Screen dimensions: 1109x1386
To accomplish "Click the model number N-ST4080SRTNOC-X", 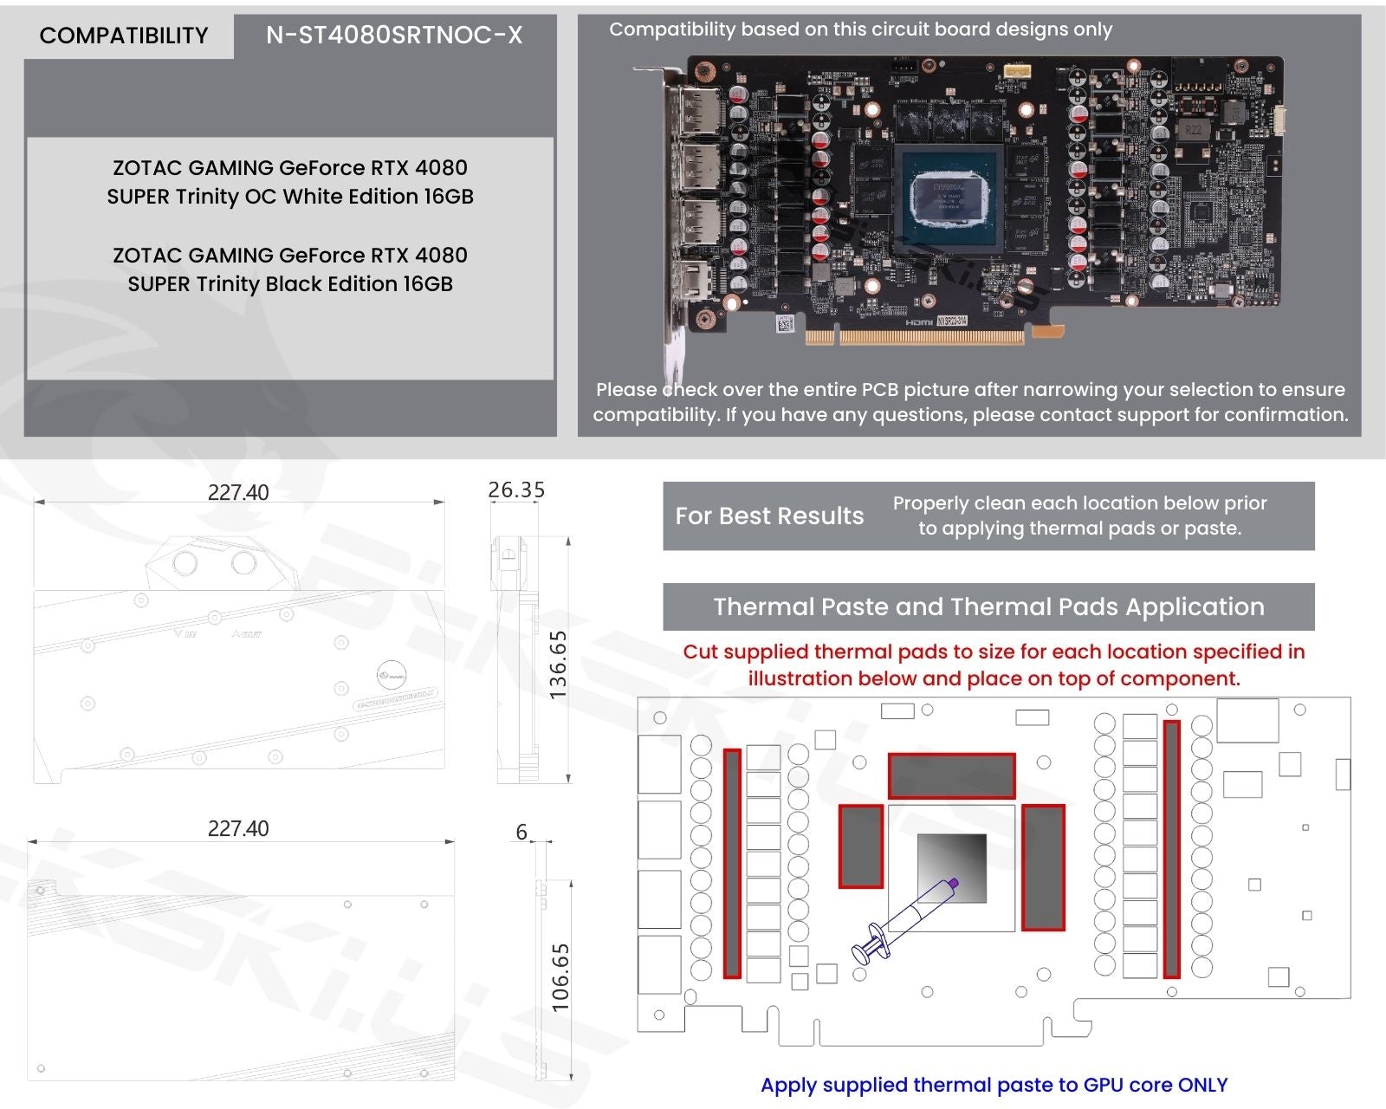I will (394, 36).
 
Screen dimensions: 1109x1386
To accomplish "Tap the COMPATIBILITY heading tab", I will (124, 36).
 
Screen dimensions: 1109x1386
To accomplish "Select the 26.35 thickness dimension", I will (516, 490).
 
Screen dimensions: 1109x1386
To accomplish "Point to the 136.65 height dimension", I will (559, 665).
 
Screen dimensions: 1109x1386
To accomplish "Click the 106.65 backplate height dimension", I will (560, 977).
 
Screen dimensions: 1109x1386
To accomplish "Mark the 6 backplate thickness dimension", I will (521, 833).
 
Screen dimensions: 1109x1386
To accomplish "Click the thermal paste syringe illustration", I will (903, 921).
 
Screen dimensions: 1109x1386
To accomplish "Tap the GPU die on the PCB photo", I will (949, 198).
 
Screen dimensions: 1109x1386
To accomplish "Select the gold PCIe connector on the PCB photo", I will (914, 336).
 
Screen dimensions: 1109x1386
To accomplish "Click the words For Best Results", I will (769, 516).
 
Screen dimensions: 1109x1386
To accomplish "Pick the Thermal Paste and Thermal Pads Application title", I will (988, 606).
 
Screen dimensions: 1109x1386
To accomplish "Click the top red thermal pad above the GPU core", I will (951, 775).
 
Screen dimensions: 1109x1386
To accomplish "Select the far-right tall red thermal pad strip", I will (1171, 849).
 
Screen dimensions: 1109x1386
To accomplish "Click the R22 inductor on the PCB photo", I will (1193, 131).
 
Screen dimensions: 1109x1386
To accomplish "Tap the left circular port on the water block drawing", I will (185, 563).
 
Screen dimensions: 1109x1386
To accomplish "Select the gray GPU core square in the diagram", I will (952, 868).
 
